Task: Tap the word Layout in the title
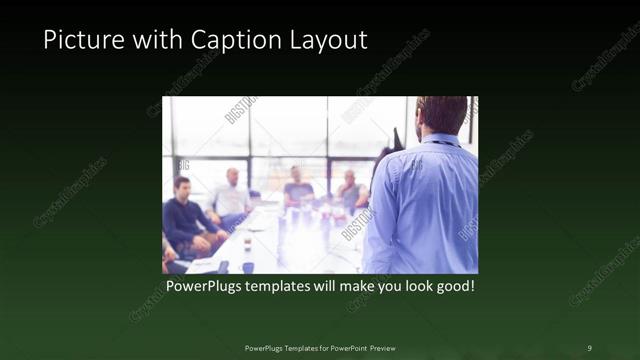click(x=327, y=41)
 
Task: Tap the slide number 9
click(x=589, y=347)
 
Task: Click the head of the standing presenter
click(x=440, y=115)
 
